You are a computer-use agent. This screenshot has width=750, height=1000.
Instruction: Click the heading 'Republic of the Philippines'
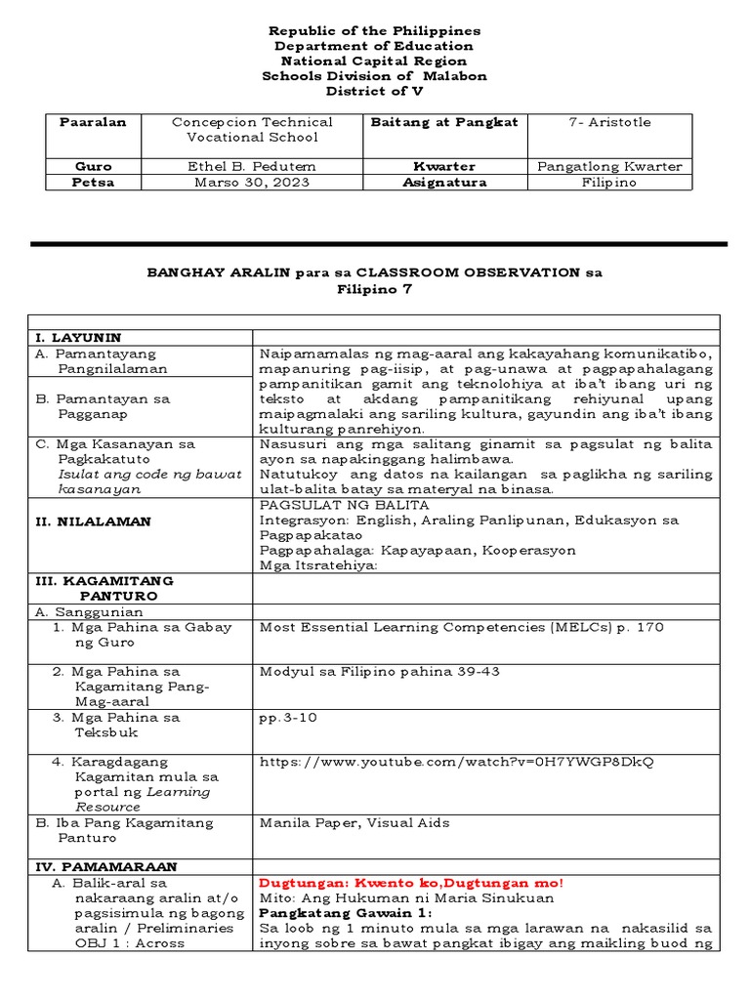(x=375, y=31)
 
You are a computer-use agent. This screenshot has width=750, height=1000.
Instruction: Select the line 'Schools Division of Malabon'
(x=375, y=76)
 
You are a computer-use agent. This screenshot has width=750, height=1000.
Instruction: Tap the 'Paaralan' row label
(x=93, y=122)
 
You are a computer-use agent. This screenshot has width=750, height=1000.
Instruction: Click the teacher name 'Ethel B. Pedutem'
(x=252, y=166)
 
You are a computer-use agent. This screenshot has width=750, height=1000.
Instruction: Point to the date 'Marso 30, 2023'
(x=252, y=182)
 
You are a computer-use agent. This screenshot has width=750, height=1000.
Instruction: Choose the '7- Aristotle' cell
(x=608, y=122)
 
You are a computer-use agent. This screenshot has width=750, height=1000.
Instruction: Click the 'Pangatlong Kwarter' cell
(x=608, y=166)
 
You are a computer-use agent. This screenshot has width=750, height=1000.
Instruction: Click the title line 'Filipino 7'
(x=375, y=289)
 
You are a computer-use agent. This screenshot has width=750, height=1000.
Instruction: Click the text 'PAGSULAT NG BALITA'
(x=344, y=505)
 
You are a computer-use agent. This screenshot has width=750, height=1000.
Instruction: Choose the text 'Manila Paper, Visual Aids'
(x=354, y=822)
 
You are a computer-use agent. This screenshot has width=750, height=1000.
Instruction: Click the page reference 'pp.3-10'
(x=284, y=717)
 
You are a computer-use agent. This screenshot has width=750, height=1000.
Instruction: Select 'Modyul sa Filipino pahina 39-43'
(x=378, y=671)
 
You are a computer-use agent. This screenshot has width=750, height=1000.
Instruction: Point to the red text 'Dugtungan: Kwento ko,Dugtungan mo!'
(x=411, y=883)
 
